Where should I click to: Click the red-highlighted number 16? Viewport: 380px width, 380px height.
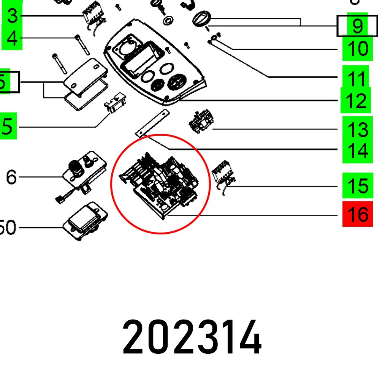(x=357, y=214)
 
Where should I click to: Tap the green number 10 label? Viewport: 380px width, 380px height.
(x=357, y=49)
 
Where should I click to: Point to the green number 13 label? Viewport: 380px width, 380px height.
(x=357, y=130)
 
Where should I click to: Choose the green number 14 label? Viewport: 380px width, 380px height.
(x=357, y=151)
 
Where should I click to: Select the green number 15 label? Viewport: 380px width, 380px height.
(x=357, y=186)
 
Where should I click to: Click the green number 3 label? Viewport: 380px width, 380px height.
(x=13, y=16)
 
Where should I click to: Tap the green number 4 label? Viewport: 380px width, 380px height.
(x=13, y=38)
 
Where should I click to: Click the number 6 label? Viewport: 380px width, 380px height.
(x=11, y=177)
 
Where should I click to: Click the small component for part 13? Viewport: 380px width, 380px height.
(x=201, y=122)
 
